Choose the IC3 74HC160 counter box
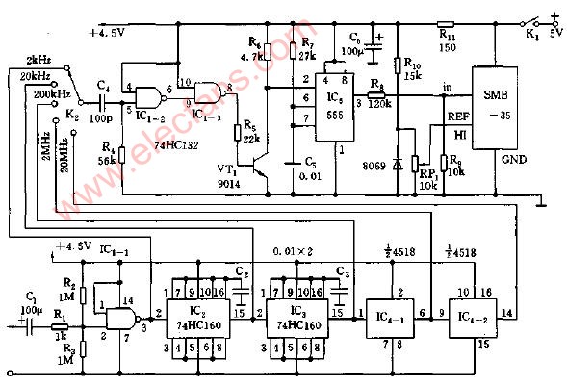coord(300,315)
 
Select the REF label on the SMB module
coord(457,116)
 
